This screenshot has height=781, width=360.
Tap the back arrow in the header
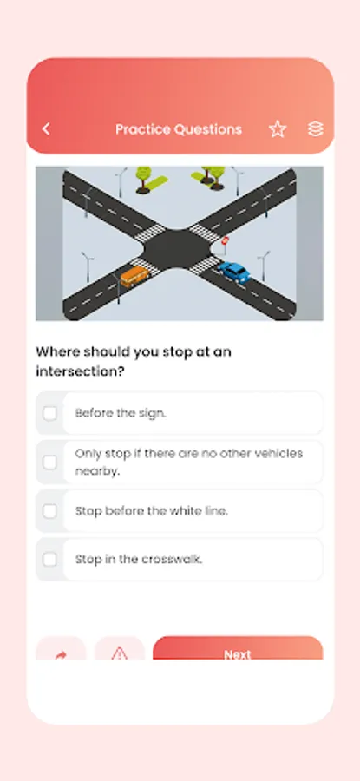(x=46, y=129)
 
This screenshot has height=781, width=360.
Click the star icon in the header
(x=278, y=129)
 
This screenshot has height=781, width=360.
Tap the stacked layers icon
(x=316, y=129)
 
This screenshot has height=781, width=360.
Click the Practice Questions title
(x=179, y=129)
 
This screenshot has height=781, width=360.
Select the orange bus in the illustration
(x=134, y=276)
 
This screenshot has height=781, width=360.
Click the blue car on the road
(x=234, y=272)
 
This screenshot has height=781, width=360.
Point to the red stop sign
(x=226, y=240)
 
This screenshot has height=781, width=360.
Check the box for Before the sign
(x=49, y=413)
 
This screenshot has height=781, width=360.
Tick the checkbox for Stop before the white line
(x=49, y=511)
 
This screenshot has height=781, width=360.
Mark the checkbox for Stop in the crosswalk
(x=49, y=560)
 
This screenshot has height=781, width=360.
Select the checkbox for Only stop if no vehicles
(x=49, y=463)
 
